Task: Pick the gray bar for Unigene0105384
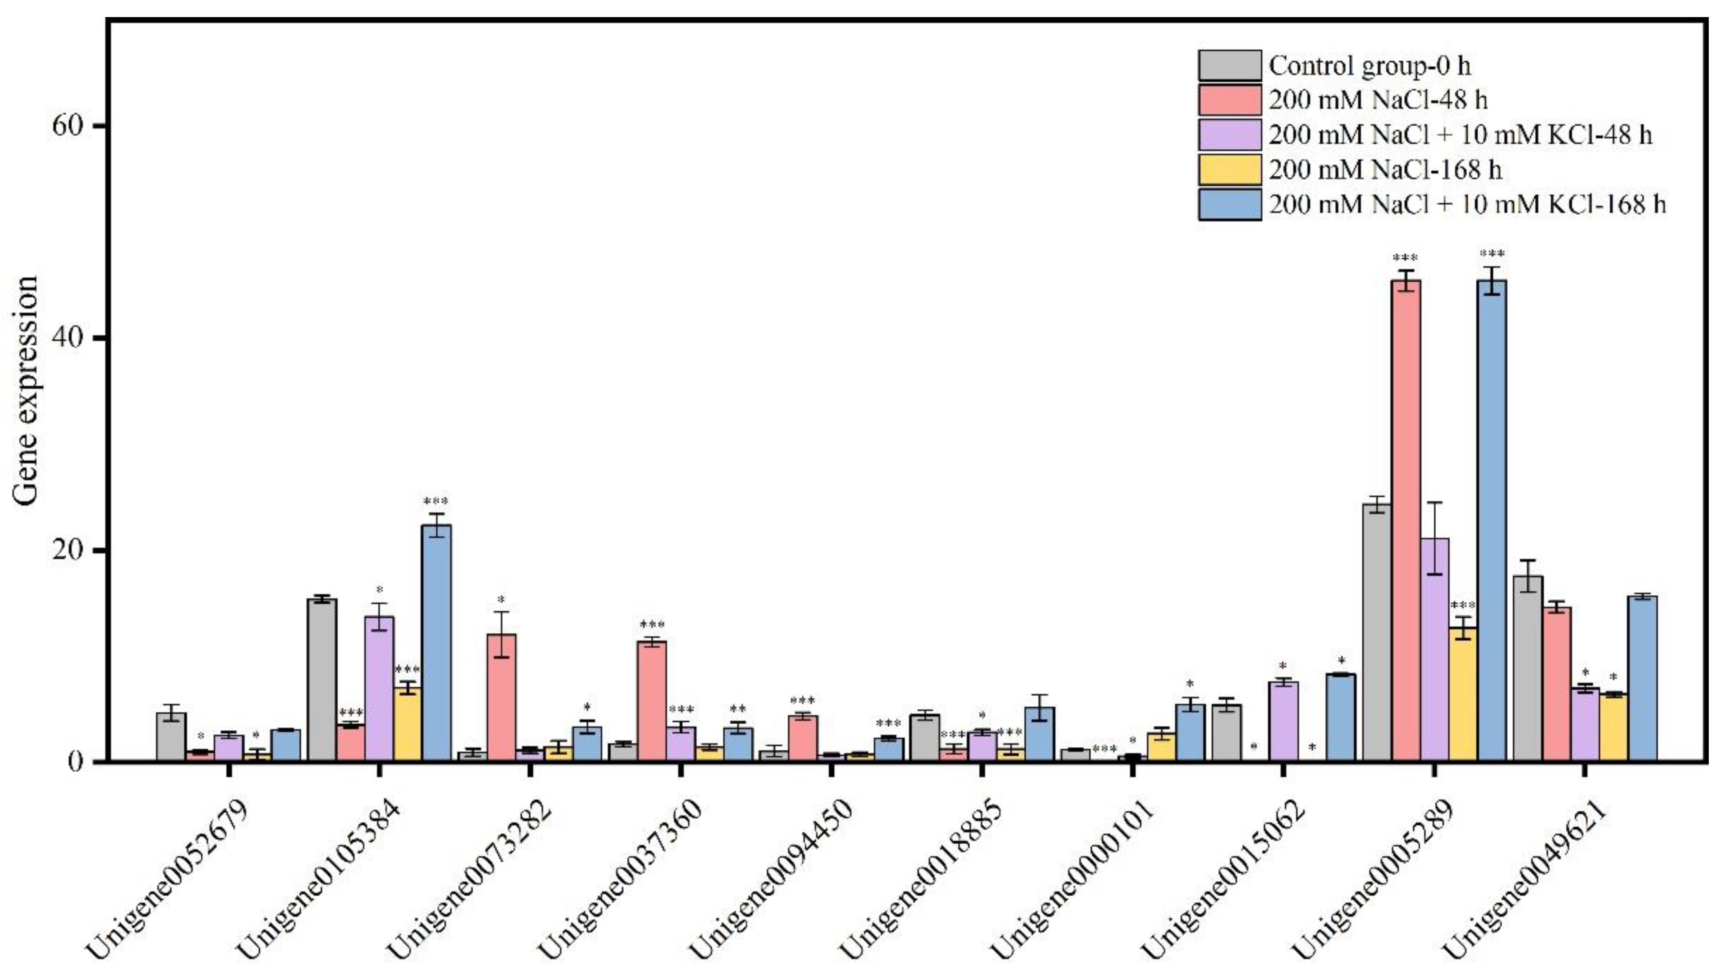pos(322,680)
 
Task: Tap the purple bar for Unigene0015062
pos(1283,722)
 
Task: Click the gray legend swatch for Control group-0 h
pos(1229,65)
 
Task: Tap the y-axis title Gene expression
pos(26,391)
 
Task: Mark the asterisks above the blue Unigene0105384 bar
pos(436,502)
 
